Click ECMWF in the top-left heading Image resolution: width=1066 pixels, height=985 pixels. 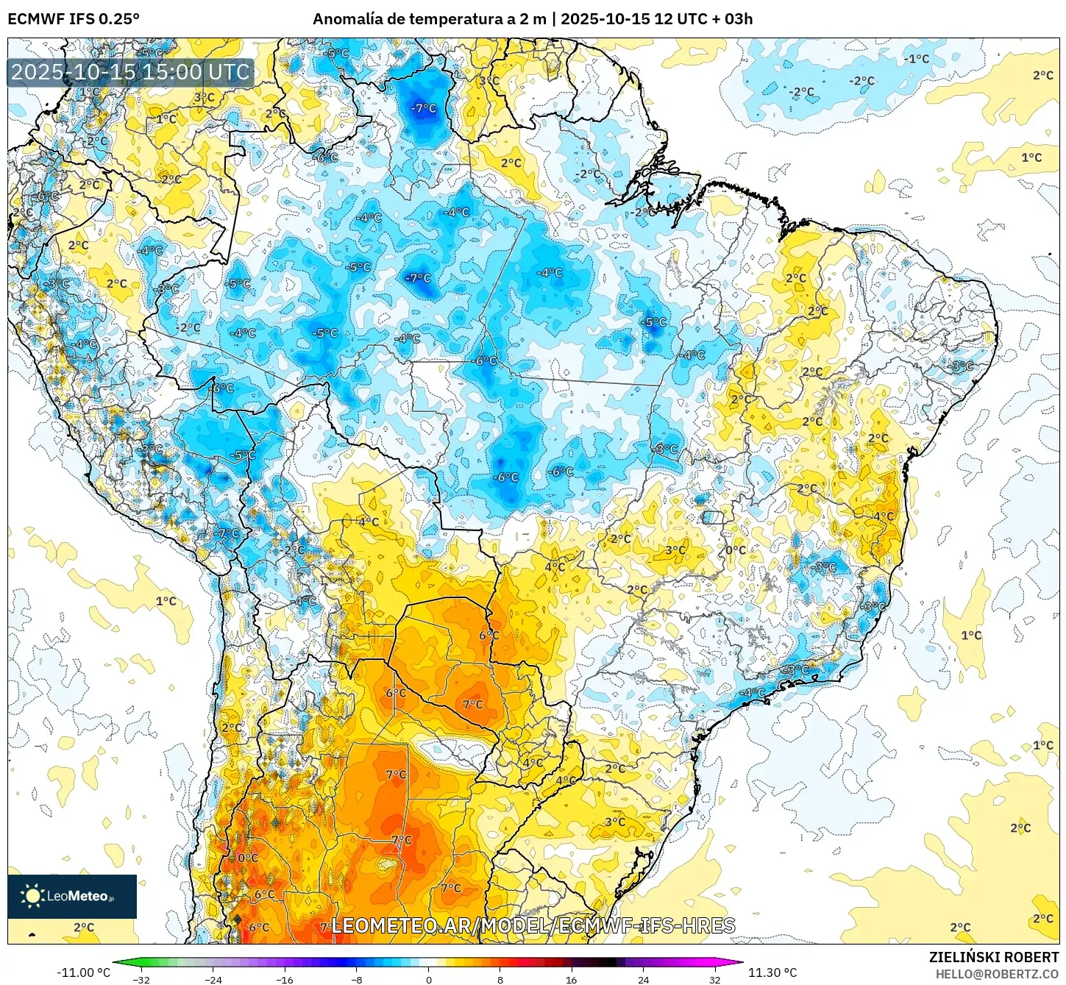[x=35, y=19]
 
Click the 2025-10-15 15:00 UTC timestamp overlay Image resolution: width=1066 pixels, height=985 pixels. [x=130, y=72]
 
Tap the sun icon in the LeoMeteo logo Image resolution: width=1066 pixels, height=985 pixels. [x=32, y=895]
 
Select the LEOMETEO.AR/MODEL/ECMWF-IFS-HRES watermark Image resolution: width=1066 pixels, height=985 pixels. [x=533, y=925]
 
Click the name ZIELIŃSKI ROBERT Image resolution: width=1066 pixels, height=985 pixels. [x=994, y=957]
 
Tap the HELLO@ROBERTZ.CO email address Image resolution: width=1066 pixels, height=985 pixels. [x=997, y=974]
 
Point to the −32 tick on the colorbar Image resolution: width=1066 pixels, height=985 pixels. [x=141, y=980]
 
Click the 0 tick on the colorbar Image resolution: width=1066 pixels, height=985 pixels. [x=429, y=980]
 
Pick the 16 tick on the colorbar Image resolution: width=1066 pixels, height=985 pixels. [x=572, y=980]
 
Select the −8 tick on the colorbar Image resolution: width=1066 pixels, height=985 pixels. [x=357, y=980]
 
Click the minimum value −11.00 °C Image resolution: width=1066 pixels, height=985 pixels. [x=84, y=972]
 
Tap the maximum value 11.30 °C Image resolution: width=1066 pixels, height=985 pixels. [x=772, y=972]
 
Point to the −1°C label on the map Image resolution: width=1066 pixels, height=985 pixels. [x=917, y=59]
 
